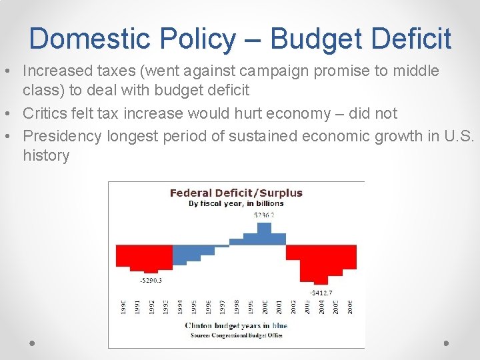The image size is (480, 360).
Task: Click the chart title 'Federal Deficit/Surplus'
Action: (236, 193)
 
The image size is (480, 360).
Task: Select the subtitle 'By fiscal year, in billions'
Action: (236, 203)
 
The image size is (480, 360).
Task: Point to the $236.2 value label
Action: (264, 215)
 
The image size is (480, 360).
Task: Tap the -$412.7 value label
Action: (321, 293)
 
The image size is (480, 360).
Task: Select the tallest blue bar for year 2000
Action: (264, 233)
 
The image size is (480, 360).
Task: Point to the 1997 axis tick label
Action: (223, 307)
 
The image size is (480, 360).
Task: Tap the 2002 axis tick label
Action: (293, 307)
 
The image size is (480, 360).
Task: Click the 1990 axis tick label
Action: (123, 307)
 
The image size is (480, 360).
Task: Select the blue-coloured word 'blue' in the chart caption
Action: (279, 325)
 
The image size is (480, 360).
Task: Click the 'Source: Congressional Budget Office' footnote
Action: (235, 335)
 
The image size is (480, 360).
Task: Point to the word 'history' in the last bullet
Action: (46, 156)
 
